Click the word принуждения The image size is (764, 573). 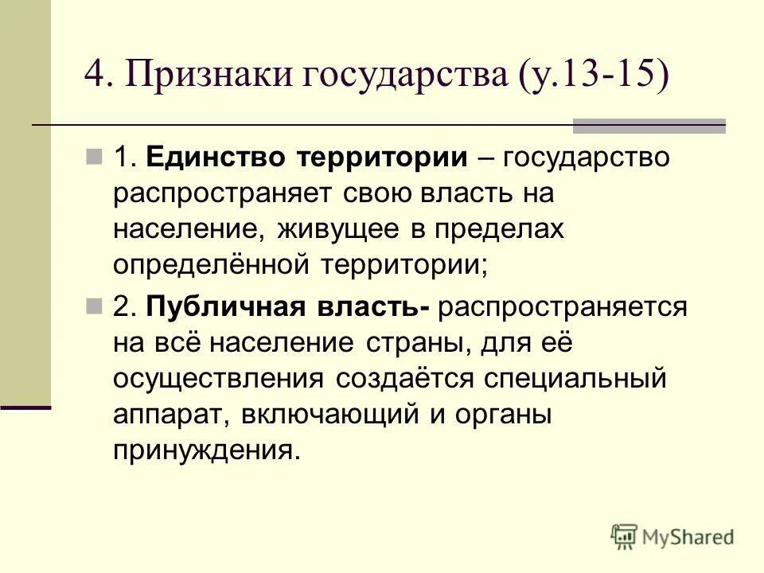coord(208,451)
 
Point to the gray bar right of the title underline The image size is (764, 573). coord(649,125)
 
